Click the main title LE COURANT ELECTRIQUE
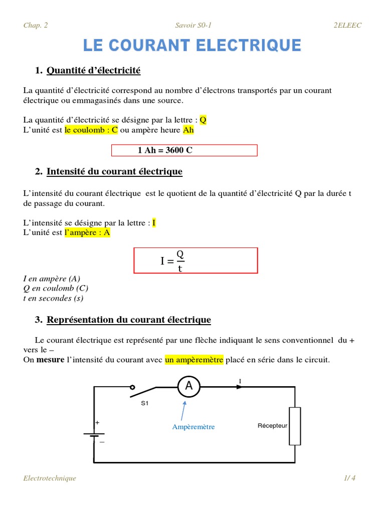click(192, 46)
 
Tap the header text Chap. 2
click(36, 25)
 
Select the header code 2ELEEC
click(347, 25)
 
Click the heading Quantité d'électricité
click(93, 71)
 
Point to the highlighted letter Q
click(203, 120)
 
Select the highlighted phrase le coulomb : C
click(91, 130)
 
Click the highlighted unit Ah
click(188, 130)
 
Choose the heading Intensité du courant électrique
click(114, 172)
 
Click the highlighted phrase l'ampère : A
click(87, 232)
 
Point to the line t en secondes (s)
click(53, 298)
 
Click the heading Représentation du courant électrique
click(129, 320)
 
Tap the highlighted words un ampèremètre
click(194, 360)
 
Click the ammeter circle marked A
click(189, 386)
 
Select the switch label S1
click(145, 403)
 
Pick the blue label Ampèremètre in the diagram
click(193, 427)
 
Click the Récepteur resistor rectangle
click(295, 426)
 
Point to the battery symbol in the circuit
click(94, 435)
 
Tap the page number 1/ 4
click(349, 478)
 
